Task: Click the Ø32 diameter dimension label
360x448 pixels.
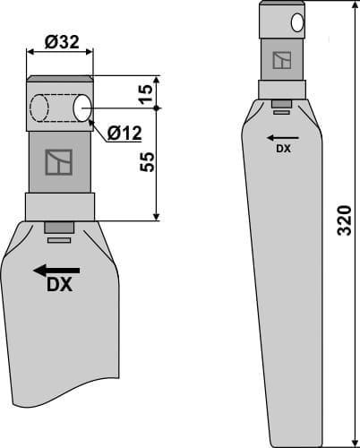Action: pos(59,41)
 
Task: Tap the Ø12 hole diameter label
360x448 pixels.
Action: pos(124,134)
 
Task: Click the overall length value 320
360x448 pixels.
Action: pos(345,220)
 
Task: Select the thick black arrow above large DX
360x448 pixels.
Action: pos(56,270)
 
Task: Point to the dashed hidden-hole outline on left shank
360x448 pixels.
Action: pos(39,108)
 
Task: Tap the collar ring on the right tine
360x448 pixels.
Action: pos(282,90)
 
